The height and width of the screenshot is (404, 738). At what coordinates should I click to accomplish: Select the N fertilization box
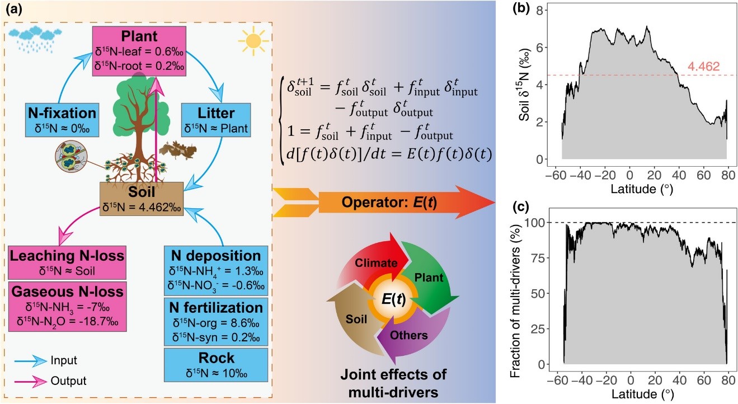[215, 322]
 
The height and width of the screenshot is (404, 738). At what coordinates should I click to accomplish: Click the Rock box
[215, 364]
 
